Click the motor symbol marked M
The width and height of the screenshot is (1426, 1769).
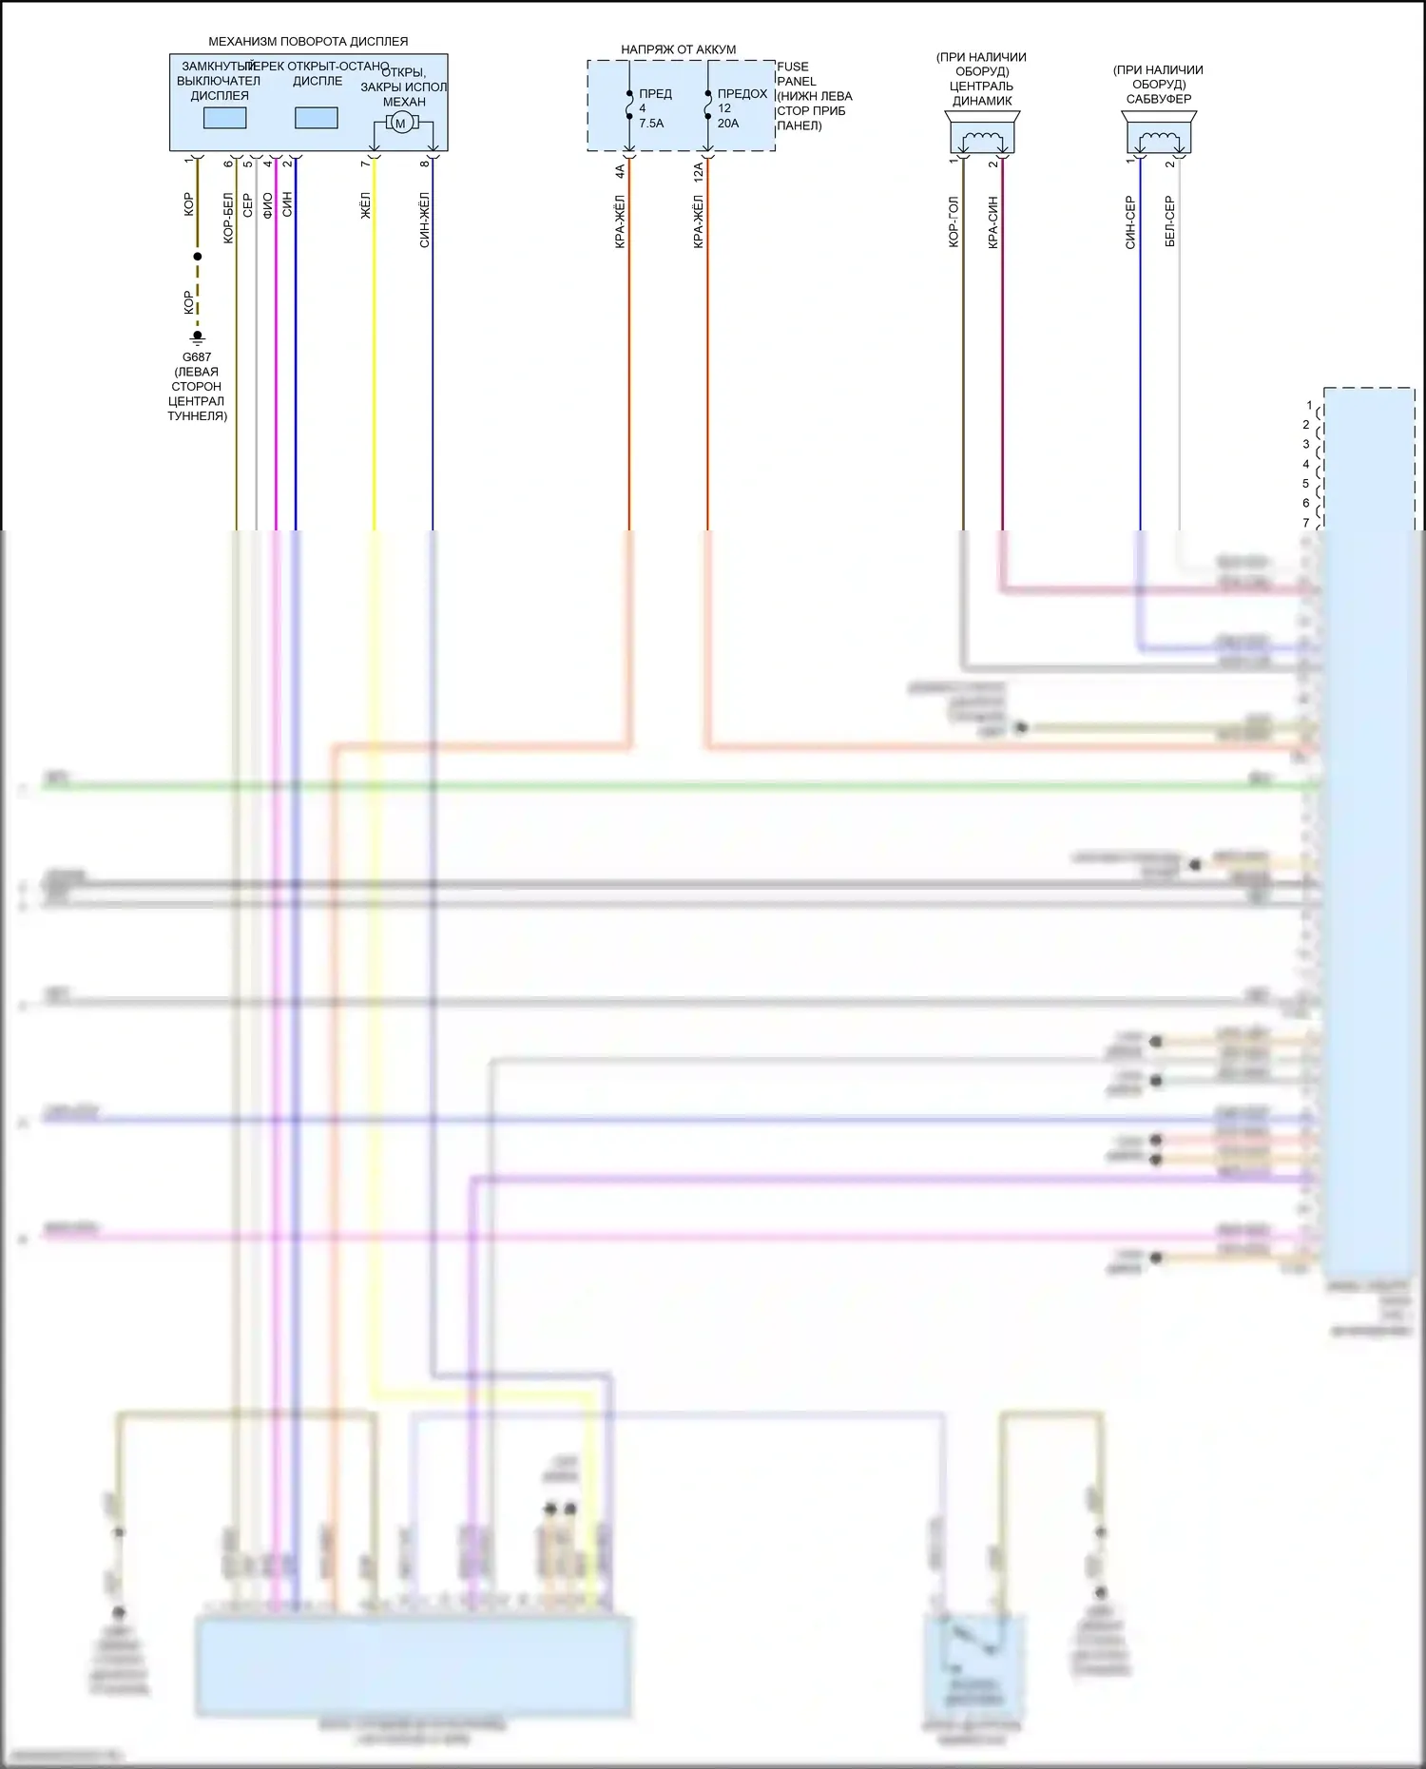pos(400,123)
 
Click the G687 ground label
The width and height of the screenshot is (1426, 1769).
pos(197,357)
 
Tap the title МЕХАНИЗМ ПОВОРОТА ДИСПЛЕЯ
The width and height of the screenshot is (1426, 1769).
pos(308,42)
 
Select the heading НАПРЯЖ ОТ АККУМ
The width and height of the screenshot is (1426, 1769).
pos(678,49)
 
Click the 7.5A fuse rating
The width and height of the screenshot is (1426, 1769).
pos(651,124)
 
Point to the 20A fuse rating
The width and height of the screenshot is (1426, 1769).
pos(728,124)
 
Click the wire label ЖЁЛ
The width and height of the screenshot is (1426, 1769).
pos(366,206)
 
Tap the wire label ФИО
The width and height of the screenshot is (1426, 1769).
pos(268,205)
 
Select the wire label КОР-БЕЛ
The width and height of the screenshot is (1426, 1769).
pos(228,219)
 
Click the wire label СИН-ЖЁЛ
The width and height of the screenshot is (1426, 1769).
pos(425,221)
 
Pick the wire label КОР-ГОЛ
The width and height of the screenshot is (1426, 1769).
pos(954,222)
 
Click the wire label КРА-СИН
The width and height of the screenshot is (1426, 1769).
pos(993,222)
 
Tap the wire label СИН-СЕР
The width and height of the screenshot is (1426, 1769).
pos(1130,222)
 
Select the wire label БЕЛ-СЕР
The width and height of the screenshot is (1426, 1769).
pos(1170,221)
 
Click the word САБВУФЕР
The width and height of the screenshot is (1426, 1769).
pos(1159,99)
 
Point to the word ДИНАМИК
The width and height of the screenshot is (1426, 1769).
pos(982,101)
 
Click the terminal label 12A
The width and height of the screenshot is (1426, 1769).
pos(699,172)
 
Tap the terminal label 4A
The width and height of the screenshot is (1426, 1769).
pos(620,171)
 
